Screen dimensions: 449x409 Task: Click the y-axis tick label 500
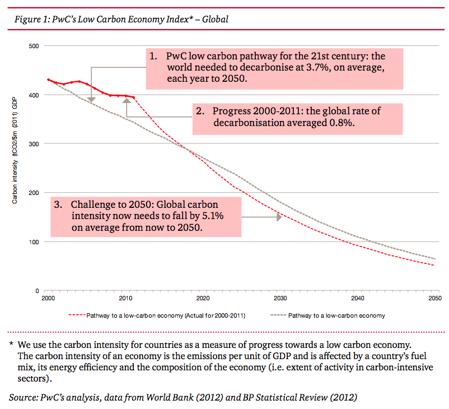[x=34, y=46]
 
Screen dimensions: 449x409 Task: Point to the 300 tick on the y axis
[x=34, y=144]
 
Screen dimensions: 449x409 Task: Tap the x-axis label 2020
[x=203, y=298]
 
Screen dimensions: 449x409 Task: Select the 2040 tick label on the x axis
[x=358, y=298]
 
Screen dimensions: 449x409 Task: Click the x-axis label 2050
[x=435, y=298]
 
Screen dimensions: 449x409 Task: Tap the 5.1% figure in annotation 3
[x=213, y=216]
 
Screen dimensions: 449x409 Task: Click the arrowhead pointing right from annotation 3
[x=279, y=217]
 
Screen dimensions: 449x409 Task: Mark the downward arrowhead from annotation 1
[x=91, y=100]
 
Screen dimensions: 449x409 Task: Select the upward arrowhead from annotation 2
[x=127, y=101]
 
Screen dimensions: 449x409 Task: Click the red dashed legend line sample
[x=77, y=315]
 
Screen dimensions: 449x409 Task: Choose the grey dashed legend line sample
[x=278, y=315]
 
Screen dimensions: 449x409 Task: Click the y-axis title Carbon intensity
[x=15, y=182]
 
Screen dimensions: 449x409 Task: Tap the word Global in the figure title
[x=215, y=19]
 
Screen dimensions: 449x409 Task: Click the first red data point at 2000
[x=48, y=80]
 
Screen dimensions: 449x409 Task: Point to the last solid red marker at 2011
[x=133, y=97]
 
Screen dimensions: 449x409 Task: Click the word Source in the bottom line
[x=23, y=398]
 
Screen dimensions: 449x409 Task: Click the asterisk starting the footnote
[x=11, y=343]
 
